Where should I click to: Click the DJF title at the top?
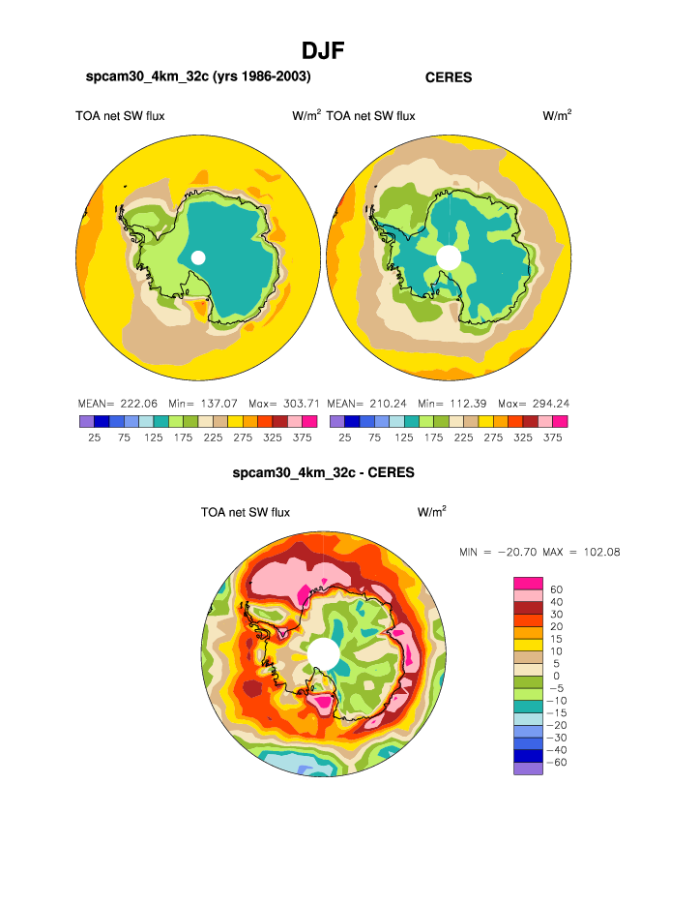(x=324, y=49)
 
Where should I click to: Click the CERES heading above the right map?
(x=449, y=77)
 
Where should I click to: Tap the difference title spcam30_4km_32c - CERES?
(x=323, y=473)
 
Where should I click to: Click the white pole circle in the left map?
(x=198, y=256)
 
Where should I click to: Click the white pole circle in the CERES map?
(x=449, y=256)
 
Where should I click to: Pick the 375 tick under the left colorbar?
(x=305, y=437)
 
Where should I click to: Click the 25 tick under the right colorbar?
(x=345, y=437)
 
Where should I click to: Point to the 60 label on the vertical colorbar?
(x=555, y=588)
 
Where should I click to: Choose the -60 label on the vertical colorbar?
(x=557, y=763)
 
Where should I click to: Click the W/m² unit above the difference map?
(x=431, y=511)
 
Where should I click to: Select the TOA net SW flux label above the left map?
(x=120, y=116)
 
